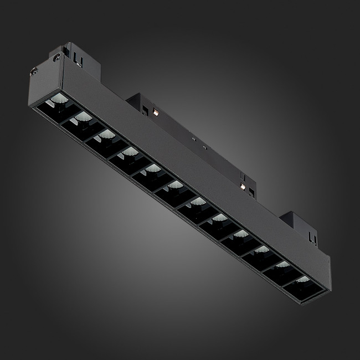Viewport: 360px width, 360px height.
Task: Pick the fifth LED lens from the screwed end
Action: pos(152,167)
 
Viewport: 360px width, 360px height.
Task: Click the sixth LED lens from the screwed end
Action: pos(175,184)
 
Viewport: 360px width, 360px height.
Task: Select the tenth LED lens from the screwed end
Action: pos(261,250)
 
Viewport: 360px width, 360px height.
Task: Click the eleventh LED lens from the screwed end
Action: pos(281,264)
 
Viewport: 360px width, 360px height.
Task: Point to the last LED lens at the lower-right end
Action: pos(301,279)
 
